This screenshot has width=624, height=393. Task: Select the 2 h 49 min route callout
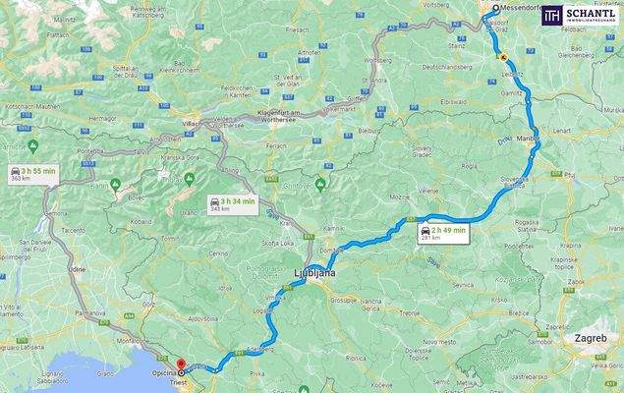click(x=442, y=233)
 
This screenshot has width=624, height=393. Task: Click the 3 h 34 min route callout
click(x=232, y=204)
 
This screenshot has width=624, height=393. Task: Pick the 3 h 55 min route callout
click(x=32, y=174)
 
